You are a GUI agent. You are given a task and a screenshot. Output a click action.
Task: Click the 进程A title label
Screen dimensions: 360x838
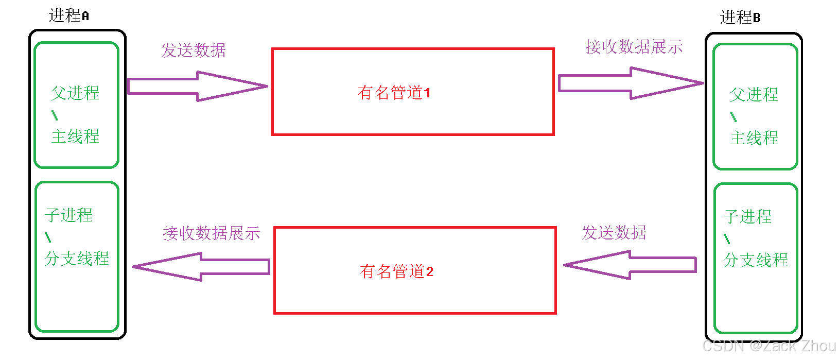(x=69, y=15)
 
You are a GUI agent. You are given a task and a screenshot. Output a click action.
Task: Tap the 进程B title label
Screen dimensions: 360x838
(x=740, y=18)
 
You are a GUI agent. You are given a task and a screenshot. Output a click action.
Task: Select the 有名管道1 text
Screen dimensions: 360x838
(x=394, y=93)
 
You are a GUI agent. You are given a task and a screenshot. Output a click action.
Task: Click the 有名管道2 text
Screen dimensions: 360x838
(x=396, y=271)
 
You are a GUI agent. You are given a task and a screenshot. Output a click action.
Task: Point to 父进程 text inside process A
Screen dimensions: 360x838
(x=75, y=93)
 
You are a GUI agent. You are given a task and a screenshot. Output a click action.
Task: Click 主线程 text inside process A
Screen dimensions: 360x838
(x=75, y=136)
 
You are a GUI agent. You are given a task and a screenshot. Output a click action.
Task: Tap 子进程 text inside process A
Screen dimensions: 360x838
(x=69, y=215)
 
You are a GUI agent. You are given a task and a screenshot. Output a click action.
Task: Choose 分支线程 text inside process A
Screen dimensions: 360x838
(x=77, y=258)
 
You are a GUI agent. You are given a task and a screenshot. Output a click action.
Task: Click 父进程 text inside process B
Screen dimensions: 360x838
(x=754, y=95)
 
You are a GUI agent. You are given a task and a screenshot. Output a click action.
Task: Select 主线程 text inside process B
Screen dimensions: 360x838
(x=754, y=138)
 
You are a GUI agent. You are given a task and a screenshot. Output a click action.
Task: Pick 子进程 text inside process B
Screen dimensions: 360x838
(x=748, y=216)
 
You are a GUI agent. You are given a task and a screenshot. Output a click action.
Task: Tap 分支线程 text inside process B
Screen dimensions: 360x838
(x=756, y=260)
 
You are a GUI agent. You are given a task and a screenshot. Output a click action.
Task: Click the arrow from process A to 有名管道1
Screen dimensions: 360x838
(x=197, y=86)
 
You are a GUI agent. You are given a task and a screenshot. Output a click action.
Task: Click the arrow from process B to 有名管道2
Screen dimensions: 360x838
(x=630, y=265)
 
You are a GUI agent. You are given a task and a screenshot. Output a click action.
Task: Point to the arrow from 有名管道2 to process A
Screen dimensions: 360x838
(x=201, y=266)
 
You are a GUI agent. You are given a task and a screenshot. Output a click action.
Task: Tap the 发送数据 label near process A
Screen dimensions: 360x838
(x=194, y=50)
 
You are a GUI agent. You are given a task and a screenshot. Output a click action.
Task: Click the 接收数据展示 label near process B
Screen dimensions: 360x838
(x=634, y=47)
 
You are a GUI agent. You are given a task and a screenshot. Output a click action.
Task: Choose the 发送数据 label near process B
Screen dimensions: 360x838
(x=614, y=233)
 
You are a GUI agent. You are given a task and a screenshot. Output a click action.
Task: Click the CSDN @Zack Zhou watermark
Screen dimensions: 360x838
(x=769, y=346)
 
